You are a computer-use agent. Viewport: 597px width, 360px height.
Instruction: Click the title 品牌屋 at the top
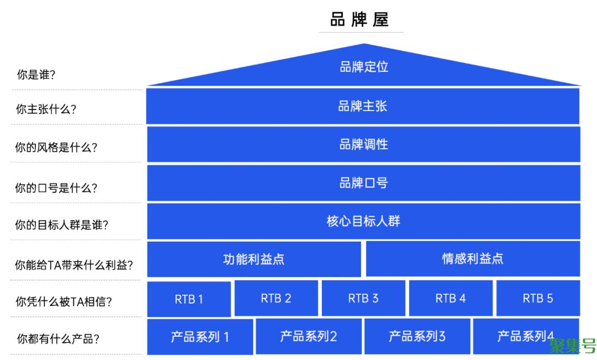(360, 20)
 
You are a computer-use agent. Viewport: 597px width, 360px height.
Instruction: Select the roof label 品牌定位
(364, 67)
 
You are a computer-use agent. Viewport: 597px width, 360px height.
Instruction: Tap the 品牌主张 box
(363, 106)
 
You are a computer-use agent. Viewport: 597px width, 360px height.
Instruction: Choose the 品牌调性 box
(364, 144)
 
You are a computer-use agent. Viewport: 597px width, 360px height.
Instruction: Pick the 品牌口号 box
(364, 183)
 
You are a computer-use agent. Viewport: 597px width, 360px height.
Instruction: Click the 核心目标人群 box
(364, 221)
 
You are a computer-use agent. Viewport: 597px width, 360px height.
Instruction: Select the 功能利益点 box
(254, 259)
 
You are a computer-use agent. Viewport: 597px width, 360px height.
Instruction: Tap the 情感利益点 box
(473, 258)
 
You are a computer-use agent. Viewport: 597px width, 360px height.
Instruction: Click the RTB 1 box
(188, 299)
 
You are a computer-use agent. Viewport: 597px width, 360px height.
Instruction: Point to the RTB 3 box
(363, 299)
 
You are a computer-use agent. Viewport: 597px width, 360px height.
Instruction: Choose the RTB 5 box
(538, 299)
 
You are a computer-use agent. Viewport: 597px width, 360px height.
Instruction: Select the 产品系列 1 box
(200, 337)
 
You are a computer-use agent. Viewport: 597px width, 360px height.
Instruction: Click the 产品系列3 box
(417, 336)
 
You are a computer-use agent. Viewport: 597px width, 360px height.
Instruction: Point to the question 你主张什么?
(46, 109)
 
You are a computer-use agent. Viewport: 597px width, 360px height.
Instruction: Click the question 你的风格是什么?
(56, 148)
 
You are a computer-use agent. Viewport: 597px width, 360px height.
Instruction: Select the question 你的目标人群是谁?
(61, 225)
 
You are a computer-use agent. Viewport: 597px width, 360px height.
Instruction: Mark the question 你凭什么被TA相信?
(64, 302)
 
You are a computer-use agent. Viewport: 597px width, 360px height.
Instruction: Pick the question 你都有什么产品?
(58, 339)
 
